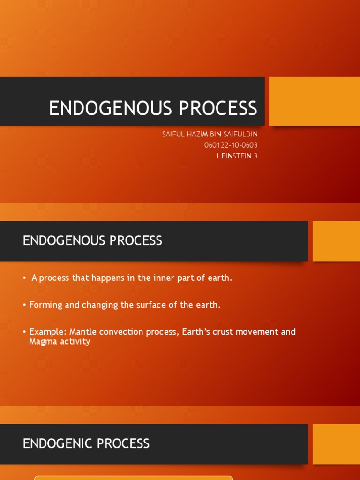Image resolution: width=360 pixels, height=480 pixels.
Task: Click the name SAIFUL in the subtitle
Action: pos(172,134)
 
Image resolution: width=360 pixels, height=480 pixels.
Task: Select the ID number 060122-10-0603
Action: pos(231,145)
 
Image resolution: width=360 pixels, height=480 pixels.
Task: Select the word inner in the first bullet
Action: pos(162,278)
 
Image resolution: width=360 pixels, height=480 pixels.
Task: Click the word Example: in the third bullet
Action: pos(48,332)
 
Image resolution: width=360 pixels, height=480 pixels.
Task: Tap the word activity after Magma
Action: pos(74,341)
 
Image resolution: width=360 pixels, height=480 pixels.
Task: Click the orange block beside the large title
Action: pos(315,101)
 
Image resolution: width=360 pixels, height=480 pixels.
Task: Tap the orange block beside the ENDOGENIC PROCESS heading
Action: pos(336,444)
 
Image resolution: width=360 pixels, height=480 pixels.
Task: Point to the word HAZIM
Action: pos(197,134)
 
